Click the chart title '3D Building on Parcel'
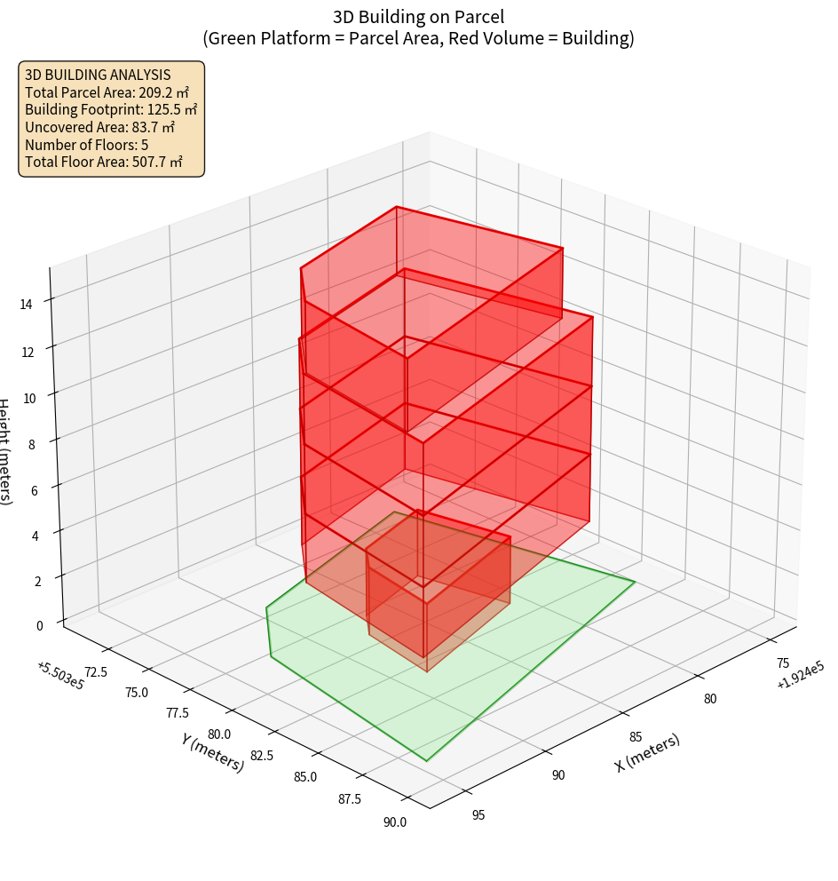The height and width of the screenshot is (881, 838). pos(418,16)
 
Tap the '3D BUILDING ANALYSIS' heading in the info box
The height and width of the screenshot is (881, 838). pos(98,75)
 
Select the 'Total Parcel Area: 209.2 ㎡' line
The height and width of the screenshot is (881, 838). pos(107,92)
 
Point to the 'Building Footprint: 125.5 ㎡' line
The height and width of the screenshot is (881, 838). pos(111,109)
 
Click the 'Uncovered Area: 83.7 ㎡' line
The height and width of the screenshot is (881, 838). pos(99,127)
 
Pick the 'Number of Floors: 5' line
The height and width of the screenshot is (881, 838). pos(86,144)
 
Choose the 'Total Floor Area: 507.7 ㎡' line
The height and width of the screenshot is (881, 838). pos(104,162)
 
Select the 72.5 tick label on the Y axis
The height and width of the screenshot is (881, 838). pos(94,671)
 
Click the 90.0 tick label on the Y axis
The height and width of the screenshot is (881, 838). pos(395,821)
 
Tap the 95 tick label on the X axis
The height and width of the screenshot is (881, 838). pos(478,814)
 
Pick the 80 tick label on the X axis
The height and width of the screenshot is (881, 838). pos(710,699)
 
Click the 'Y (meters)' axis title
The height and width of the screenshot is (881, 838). pos(212,752)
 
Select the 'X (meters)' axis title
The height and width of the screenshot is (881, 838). pos(647,752)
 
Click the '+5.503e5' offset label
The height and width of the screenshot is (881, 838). pos(60,675)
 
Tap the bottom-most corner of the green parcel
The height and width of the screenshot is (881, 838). pos(426,761)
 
